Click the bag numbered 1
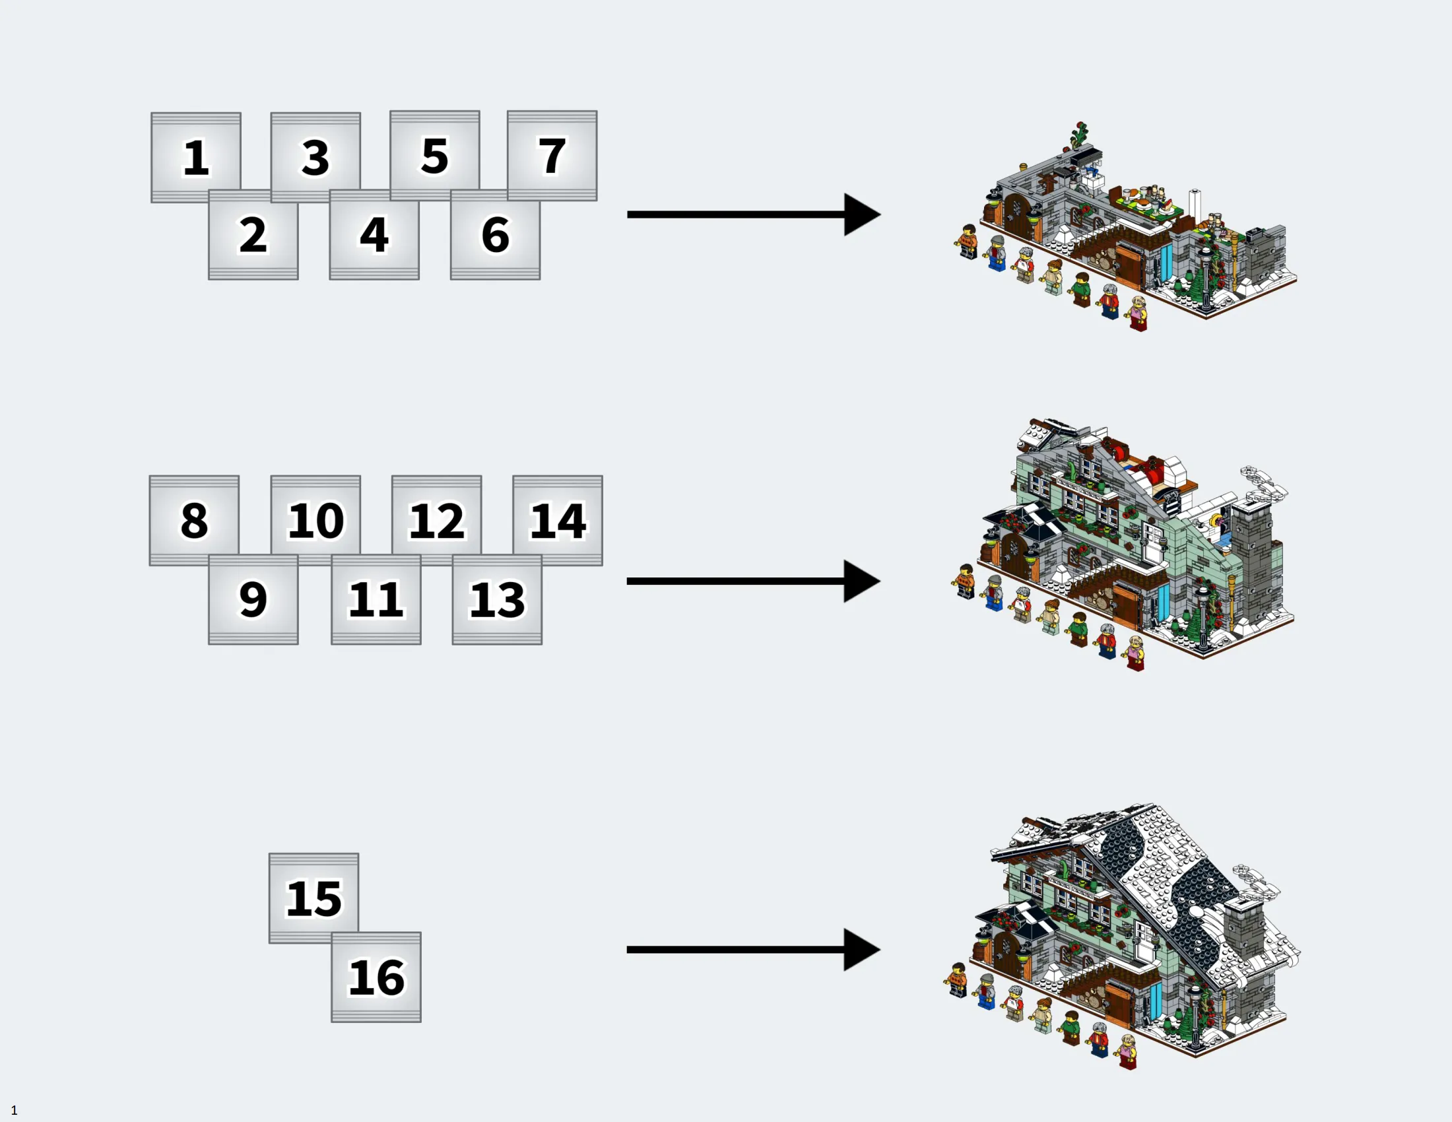[195, 158]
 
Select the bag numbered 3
[315, 158]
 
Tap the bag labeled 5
[435, 156]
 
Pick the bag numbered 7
[552, 156]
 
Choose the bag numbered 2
[253, 235]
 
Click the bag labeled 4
[374, 235]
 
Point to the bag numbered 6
[495, 235]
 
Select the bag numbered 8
[194, 521]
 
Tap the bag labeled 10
[315, 521]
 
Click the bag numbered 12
[437, 521]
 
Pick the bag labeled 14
[558, 521]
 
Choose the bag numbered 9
[253, 599]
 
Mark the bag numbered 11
[376, 599]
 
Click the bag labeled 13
[497, 599]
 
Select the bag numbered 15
[313, 899]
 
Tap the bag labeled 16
[376, 977]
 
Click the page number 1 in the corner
[14, 1110]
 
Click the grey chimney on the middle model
[1252, 555]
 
